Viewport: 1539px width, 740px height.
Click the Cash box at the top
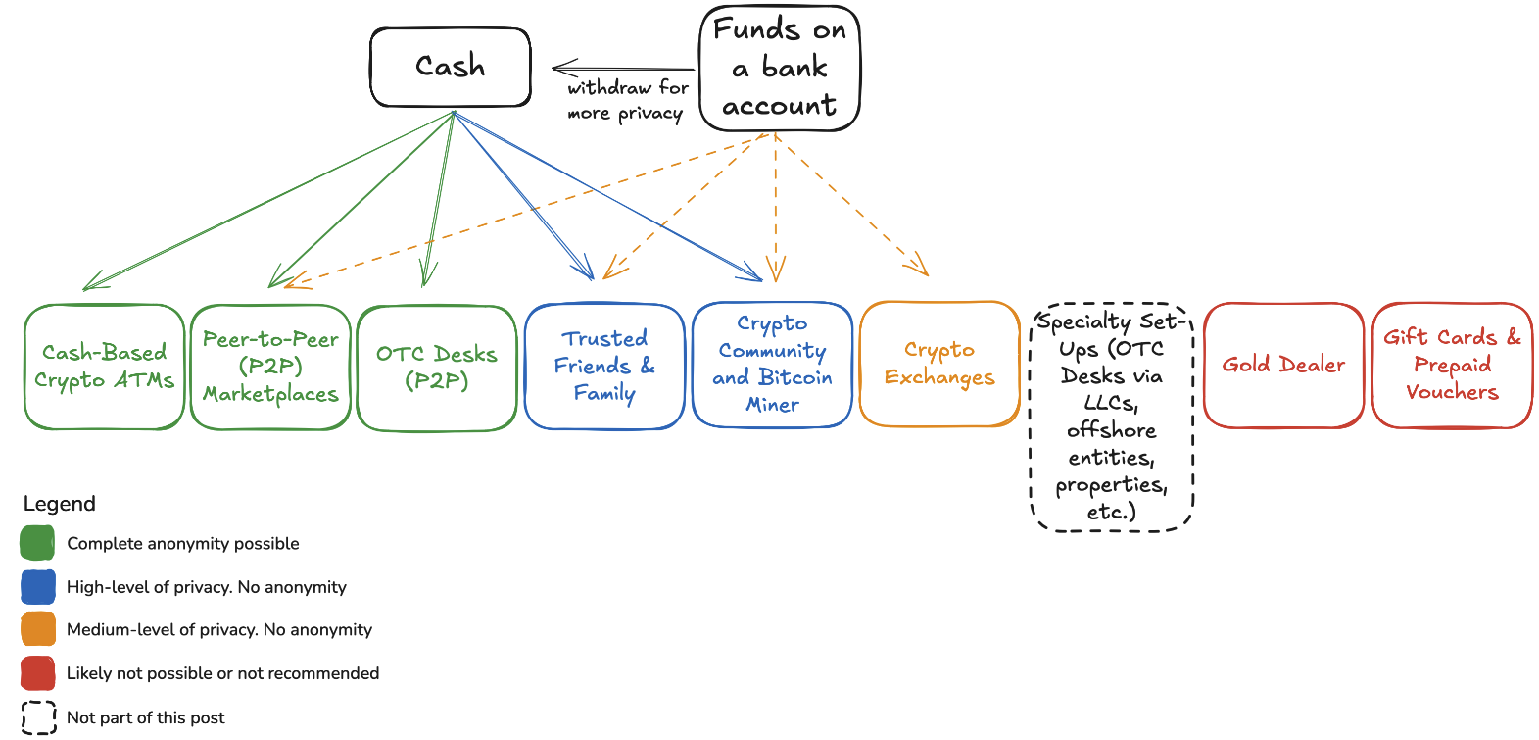pyautogui.click(x=451, y=67)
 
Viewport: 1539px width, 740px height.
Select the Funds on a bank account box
pyautogui.click(x=780, y=69)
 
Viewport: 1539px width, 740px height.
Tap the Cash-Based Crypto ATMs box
pyautogui.click(x=105, y=367)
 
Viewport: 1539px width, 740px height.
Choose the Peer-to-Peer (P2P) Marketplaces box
pyautogui.click(x=270, y=367)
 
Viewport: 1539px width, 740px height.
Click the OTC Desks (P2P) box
pyautogui.click(x=437, y=367)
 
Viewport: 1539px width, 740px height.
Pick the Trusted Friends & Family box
pyautogui.click(x=604, y=366)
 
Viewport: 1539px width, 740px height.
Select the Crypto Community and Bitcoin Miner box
pyautogui.click(x=772, y=365)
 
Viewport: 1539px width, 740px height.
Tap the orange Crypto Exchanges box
pyautogui.click(x=939, y=364)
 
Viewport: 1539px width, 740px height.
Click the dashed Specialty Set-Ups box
pyautogui.click(x=1112, y=417)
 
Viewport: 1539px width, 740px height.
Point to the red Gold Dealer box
pyautogui.click(x=1283, y=365)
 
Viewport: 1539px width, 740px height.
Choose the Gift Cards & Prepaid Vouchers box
pyautogui.click(x=1452, y=365)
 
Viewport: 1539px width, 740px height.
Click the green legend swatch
pyautogui.click(x=37, y=543)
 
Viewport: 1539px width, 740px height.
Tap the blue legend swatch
pyautogui.click(x=37, y=587)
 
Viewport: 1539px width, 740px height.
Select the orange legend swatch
pyautogui.click(x=37, y=629)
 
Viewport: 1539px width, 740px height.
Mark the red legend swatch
pyautogui.click(x=37, y=673)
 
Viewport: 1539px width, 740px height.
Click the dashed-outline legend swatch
pyautogui.click(x=37, y=717)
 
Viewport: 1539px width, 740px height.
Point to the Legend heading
pyautogui.click(x=60, y=504)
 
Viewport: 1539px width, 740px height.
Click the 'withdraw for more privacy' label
pyautogui.click(x=627, y=100)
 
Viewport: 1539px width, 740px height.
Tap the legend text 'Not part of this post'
pyautogui.click(x=145, y=717)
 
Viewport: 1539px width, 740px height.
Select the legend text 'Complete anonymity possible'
pyautogui.click(x=183, y=544)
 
